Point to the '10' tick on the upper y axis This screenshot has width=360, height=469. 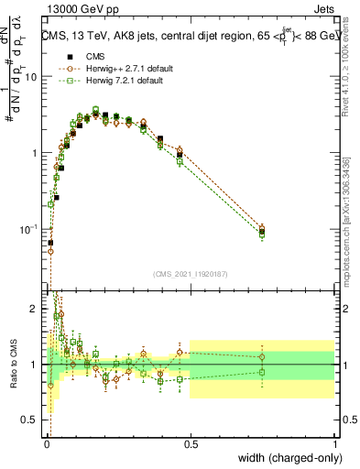point(30,77)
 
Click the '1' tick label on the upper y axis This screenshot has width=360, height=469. point(34,153)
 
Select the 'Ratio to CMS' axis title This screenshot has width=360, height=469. point(11,365)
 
